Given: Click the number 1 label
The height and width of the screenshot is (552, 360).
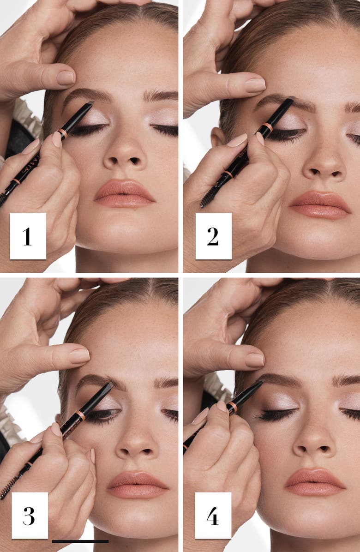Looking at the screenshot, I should tap(28, 236).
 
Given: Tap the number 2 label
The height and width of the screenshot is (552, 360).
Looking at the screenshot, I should tap(213, 236).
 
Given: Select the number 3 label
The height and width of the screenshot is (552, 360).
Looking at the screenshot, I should tap(29, 515).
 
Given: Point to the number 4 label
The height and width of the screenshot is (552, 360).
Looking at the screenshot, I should tap(213, 515).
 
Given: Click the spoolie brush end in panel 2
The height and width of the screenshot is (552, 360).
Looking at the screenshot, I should tap(206, 198).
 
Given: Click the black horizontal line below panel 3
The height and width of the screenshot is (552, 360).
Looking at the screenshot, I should tap(80, 541).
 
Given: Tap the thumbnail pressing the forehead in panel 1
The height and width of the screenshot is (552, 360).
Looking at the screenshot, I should tap(66, 78).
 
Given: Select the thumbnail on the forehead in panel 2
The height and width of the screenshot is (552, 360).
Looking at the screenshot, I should tap(255, 84).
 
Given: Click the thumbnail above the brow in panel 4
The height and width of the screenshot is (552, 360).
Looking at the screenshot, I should tap(254, 360).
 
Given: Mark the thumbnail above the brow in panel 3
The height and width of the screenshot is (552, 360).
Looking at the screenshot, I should tap(79, 355).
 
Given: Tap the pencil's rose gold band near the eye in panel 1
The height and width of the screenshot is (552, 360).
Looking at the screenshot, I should tap(63, 133).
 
